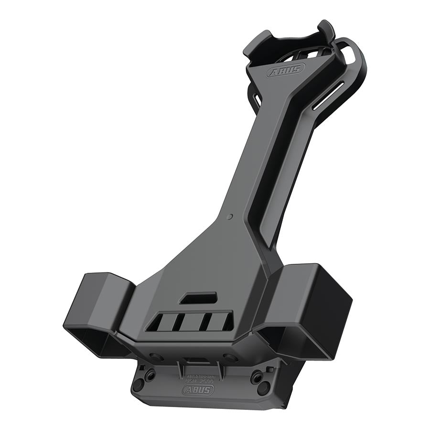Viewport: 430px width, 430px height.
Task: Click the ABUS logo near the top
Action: coord(285,71)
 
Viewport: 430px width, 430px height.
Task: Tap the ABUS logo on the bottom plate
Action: coord(198,389)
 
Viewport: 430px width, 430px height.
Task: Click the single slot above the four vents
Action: coord(198,298)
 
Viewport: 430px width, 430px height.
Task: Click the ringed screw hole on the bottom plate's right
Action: coord(258,376)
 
